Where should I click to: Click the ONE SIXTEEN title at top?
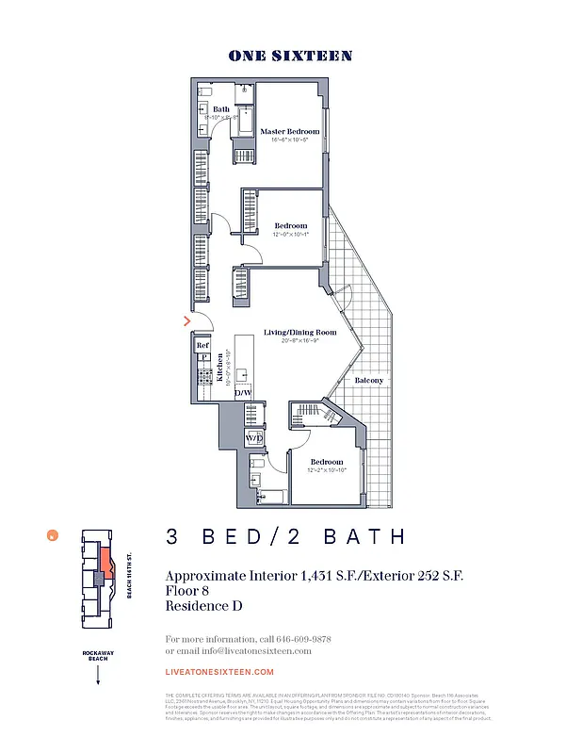290,56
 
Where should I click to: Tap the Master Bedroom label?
290,131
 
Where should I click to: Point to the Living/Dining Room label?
299,333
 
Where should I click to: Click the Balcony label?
368,380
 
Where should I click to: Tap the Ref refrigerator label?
202,346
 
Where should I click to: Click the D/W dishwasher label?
242,391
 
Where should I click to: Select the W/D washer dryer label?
253,439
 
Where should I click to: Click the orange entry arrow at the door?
187,321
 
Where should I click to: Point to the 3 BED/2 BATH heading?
286,537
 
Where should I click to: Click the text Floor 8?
186,590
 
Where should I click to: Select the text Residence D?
203,606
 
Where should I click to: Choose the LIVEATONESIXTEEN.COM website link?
219,672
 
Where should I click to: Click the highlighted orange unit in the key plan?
106,563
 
